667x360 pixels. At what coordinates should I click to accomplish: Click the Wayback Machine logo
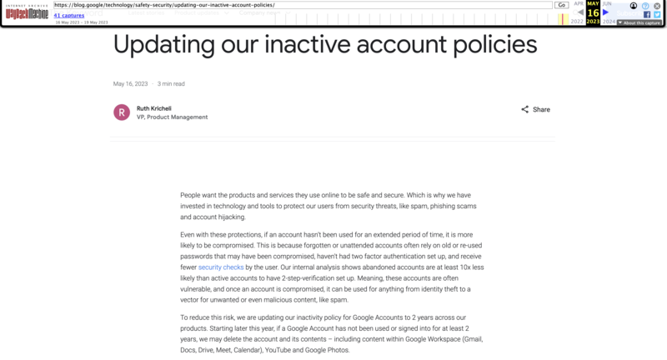(26, 10)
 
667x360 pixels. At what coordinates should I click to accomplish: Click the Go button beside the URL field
(562, 5)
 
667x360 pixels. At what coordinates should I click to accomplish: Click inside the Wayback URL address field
(300, 5)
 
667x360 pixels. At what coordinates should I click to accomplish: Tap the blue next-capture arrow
(606, 12)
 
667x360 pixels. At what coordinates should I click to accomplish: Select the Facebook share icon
(646, 14)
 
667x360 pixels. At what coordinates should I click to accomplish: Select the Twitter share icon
(657, 14)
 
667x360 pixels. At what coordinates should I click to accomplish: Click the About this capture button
(639, 22)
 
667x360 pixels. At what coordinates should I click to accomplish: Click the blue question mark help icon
(645, 5)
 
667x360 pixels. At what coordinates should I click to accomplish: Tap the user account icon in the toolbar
(634, 5)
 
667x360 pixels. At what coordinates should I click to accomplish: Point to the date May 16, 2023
(130, 84)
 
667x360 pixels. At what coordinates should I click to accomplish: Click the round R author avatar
(122, 112)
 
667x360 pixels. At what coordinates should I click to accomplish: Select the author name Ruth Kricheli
(158, 107)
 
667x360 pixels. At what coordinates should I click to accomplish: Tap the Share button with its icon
(535, 109)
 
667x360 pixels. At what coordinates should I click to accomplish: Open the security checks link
(221, 267)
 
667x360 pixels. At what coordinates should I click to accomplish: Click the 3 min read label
(171, 84)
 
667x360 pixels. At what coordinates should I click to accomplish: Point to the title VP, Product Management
(172, 117)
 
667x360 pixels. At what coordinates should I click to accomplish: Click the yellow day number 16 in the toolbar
(593, 12)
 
